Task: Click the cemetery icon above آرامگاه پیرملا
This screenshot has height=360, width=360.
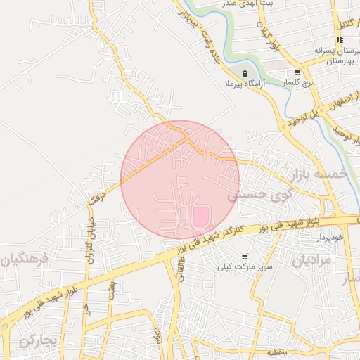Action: tap(245, 74)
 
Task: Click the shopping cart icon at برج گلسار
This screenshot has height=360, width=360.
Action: tap(297, 72)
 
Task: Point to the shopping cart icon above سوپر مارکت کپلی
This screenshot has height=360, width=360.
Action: tap(244, 257)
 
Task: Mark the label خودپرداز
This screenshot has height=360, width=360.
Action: tap(328, 238)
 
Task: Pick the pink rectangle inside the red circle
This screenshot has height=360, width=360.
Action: tap(201, 216)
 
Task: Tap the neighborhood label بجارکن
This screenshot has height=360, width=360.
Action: tap(37, 342)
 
